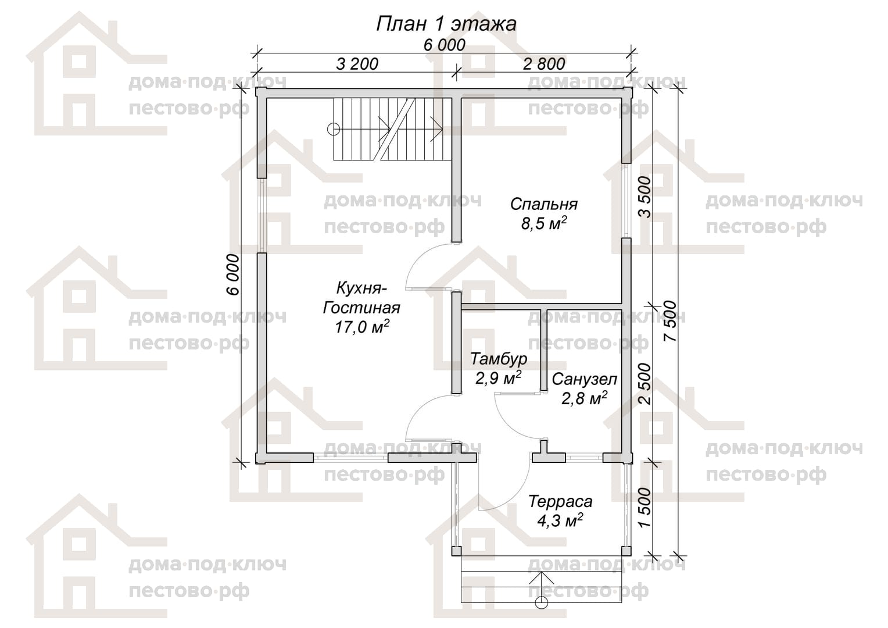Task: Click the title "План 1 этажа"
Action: point(446,24)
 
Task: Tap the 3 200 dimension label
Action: point(357,64)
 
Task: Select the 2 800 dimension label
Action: point(544,64)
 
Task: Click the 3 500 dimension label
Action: point(645,197)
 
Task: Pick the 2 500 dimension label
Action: point(645,384)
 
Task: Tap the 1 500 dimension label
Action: point(645,508)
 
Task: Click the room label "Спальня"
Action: point(543,204)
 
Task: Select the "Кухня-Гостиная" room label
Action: point(361,298)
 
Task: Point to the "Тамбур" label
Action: point(499,359)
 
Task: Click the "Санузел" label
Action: point(584,379)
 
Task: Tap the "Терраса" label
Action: point(560,501)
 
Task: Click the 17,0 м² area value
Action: point(362,326)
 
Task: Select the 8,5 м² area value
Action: point(543,223)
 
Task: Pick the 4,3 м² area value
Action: point(560,520)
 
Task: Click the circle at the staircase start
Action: point(334,129)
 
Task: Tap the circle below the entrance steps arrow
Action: point(541,603)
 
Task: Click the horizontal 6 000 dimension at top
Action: point(445,45)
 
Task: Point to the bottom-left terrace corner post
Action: point(456,551)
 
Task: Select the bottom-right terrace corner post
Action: point(626,551)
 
